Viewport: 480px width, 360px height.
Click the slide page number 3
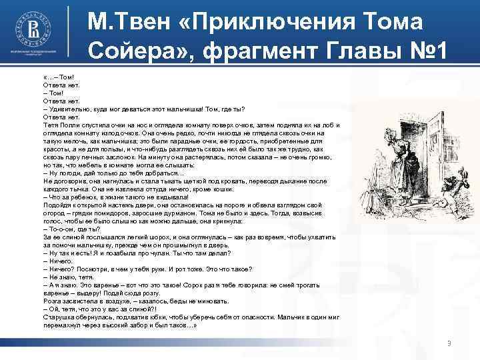click(449, 342)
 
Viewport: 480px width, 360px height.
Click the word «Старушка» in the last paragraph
click(59, 317)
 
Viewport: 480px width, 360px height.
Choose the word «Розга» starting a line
click(52, 301)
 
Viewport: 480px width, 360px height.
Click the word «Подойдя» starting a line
click(56, 206)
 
